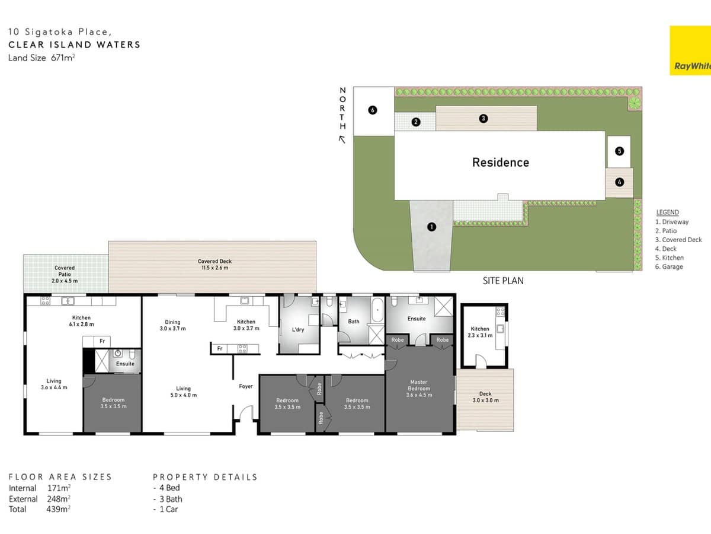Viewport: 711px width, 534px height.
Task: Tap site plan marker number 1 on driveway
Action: pos(431,227)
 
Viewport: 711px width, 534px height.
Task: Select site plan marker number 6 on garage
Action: pos(372,110)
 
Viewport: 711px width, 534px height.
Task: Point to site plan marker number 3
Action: pos(483,119)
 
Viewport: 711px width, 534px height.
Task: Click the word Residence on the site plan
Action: pos(500,163)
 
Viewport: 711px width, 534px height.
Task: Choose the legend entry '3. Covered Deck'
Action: pos(678,240)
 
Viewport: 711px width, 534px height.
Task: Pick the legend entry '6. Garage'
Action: pos(669,266)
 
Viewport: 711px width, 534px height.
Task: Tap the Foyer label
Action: pos(245,386)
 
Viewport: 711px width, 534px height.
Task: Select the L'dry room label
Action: pos(298,329)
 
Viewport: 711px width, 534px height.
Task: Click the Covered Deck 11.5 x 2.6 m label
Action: pos(214,265)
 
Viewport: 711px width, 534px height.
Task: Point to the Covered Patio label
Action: pos(65,274)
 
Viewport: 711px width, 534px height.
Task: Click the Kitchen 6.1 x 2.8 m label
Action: pos(81,321)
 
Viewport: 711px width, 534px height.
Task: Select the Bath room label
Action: pos(354,322)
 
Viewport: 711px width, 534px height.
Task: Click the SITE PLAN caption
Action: pos(503,281)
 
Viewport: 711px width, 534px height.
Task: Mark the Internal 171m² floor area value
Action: pos(59,488)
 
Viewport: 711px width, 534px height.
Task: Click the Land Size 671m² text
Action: pos(41,58)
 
